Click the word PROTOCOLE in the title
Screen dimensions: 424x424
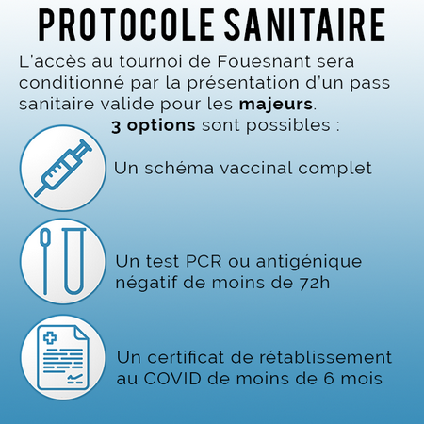pyautogui.click(x=125, y=24)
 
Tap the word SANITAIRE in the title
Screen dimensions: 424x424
pyautogui.click(x=304, y=24)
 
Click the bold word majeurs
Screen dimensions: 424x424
pyautogui.click(x=276, y=105)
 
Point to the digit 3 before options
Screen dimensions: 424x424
pyautogui.click(x=116, y=127)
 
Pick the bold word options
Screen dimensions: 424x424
pyautogui.click(x=161, y=126)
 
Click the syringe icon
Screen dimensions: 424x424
pyautogui.click(x=63, y=169)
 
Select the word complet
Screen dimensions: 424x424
pyautogui.click(x=334, y=170)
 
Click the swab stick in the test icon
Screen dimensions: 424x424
pyautogui.click(x=45, y=261)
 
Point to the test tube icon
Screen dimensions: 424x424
pyautogui.click(x=74, y=261)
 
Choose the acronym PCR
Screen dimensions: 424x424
pyautogui.click(x=204, y=262)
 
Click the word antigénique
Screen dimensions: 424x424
pyautogui.click(x=309, y=263)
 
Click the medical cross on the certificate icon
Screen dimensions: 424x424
pyautogui.click(x=50, y=338)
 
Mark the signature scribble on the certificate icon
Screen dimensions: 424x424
pyautogui.click(x=75, y=378)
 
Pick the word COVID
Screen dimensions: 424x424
pyautogui.click(x=172, y=379)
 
